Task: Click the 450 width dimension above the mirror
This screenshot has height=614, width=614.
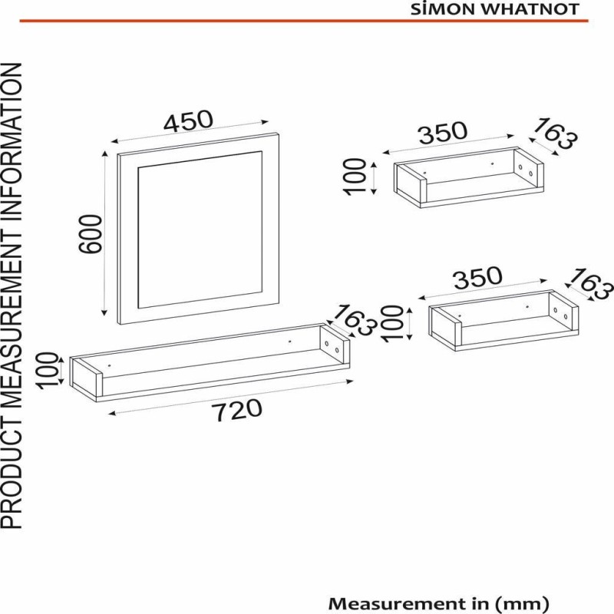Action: (187, 120)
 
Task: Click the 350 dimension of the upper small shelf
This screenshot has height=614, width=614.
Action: (442, 133)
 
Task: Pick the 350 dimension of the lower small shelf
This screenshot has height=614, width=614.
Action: (477, 278)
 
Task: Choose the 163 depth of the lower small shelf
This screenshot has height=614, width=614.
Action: (592, 285)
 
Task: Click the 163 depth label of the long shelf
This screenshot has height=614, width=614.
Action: (354, 319)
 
